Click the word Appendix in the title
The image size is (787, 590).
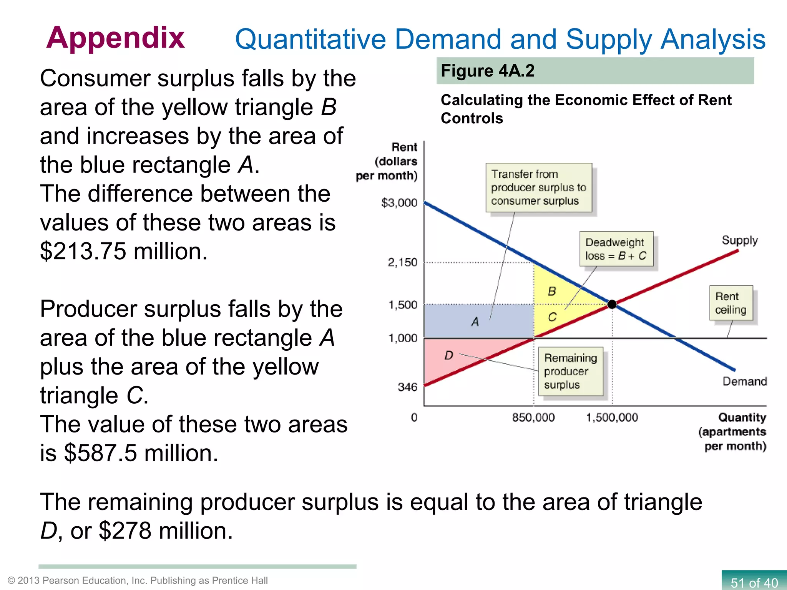(115, 38)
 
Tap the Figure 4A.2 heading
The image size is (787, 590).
(487, 71)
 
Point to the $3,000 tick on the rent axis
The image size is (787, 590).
(399, 202)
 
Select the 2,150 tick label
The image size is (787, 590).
(402, 262)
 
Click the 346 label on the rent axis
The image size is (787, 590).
(407, 387)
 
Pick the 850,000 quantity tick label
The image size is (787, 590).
(533, 417)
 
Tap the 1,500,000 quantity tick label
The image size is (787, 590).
(612, 417)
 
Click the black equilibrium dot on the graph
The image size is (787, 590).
(612, 304)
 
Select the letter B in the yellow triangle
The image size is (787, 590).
(552, 292)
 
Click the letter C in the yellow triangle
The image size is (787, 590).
(552, 317)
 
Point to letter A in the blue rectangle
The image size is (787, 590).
(475, 322)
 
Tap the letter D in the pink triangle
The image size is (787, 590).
(448, 356)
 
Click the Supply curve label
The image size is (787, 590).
(739, 240)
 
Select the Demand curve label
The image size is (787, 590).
(744, 381)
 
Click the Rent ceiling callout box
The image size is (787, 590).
(731, 303)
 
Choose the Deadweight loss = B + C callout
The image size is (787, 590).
(616, 249)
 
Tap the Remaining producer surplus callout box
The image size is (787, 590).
(570, 371)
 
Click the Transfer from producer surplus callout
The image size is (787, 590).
(538, 187)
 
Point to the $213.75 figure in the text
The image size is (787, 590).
(83, 252)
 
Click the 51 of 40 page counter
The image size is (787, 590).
(754, 582)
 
